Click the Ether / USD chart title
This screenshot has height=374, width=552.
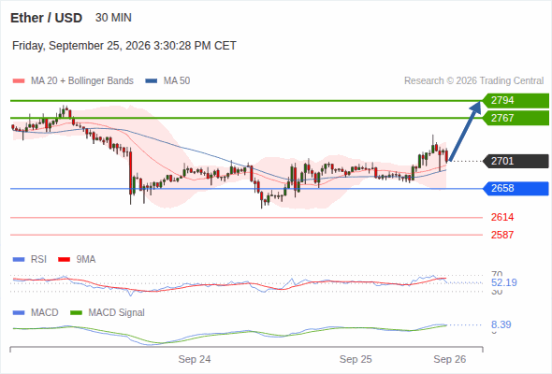46,18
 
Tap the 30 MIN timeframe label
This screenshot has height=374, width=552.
113,18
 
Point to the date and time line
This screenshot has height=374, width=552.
124,46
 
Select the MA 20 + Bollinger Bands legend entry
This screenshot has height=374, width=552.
73,81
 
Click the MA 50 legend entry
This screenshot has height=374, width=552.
167,81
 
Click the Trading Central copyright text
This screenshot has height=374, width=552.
473,81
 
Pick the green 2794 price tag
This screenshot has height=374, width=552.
516,101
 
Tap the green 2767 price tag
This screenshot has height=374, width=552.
516,118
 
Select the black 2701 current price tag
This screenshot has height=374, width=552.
516,161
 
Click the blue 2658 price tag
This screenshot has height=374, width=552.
516,189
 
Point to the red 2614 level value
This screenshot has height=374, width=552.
502,217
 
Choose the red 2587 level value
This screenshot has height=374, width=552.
502,235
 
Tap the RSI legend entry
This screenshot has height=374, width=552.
30,260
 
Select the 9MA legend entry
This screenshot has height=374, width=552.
77,260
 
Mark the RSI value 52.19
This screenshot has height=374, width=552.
504,282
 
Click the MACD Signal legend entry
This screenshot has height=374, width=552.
108,313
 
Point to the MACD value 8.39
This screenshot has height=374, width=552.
501,324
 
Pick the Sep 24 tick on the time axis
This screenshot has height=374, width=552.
195,359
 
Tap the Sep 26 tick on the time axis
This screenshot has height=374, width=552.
450,359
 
